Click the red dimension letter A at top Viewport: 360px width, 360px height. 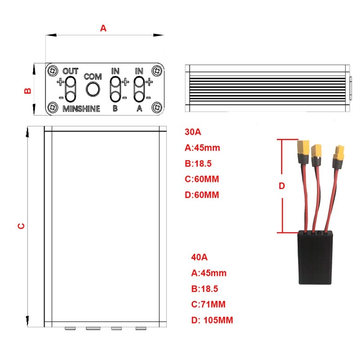coord(103,28)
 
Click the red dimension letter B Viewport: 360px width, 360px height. coord(27,90)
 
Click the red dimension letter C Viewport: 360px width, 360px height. coord(20,225)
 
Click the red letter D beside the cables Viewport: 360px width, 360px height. coord(282,186)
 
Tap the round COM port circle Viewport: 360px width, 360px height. coord(93,90)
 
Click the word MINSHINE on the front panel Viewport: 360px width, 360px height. coord(81,109)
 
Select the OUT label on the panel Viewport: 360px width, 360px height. coord(71,72)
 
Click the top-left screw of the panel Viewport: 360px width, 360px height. coord(54,71)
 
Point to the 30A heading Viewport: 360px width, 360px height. coord(193,132)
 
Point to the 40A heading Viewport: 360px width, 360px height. coord(199,257)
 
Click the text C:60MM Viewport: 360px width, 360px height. coord(202,179)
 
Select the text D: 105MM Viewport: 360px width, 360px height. coord(212,320)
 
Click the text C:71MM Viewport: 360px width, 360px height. coord(208,305)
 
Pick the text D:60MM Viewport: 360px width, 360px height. coord(202,195)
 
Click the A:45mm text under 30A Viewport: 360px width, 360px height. coord(202,148)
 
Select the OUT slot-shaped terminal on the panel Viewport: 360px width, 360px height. coord(71,90)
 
